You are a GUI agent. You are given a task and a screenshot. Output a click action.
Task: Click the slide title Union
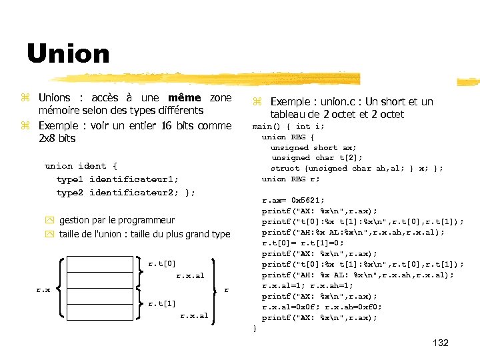(68, 53)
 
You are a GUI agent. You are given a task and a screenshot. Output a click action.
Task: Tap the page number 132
(441, 343)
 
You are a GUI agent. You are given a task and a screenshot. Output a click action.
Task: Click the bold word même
(184, 98)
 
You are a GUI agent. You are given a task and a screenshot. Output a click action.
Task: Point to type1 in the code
(70, 179)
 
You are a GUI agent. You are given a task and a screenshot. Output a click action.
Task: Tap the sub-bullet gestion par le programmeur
(117, 220)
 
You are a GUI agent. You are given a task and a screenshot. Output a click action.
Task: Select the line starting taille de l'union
(144, 234)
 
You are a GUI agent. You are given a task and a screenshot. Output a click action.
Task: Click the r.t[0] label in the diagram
(162, 264)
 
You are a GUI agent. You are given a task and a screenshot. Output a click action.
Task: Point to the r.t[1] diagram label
(162, 303)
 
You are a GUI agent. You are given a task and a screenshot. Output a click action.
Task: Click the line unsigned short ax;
(313, 147)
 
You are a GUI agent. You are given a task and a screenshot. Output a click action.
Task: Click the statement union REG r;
(291, 179)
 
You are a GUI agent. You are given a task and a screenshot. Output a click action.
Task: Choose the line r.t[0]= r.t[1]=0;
(303, 243)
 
